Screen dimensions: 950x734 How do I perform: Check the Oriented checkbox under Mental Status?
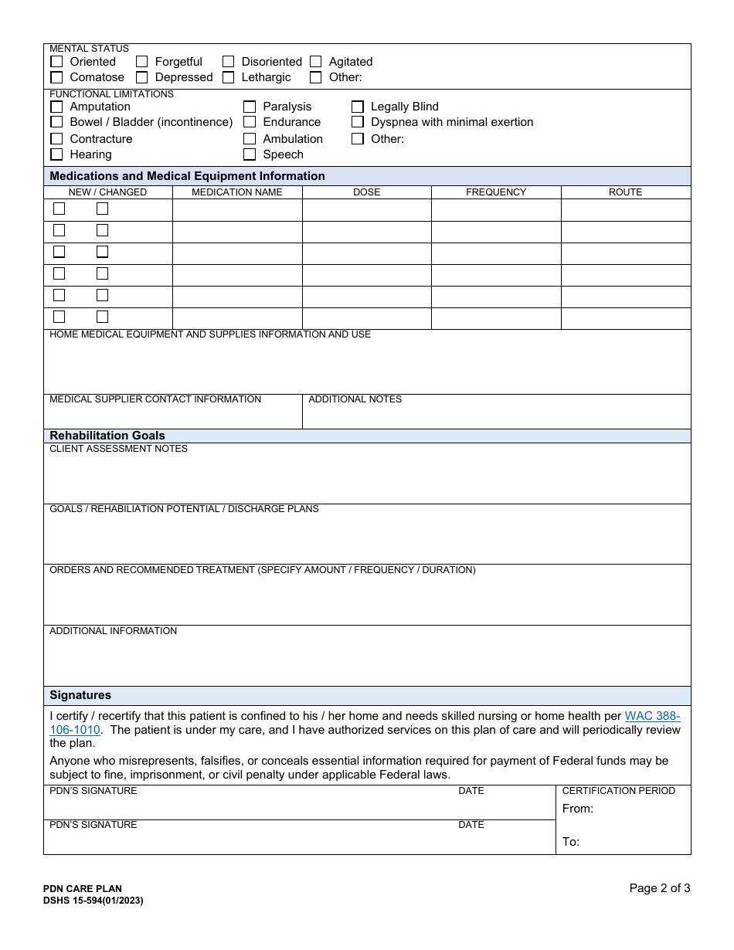pos(56,62)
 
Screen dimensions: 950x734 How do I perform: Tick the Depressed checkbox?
pos(142,77)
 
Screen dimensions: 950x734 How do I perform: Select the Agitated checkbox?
pos(316,62)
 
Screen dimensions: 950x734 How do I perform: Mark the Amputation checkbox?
pos(56,107)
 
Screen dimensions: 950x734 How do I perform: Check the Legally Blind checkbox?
pos(358,107)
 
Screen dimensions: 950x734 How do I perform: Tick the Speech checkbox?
pos(250,154)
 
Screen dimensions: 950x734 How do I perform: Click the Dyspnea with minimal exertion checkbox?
pos(358,122)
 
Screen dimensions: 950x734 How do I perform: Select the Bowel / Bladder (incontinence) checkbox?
pos(56,122)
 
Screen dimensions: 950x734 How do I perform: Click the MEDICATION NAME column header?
pos(237,192)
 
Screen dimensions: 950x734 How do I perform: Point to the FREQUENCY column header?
pos(496,192)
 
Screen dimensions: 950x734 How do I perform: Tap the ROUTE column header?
pos(625,192)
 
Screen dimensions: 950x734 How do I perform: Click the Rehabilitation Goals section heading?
pos(107,436)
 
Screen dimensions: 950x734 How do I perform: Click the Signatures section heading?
pos(80,695)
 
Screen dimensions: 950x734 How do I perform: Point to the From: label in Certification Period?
pos(578,809)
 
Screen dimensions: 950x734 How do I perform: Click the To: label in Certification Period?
pos(571,842)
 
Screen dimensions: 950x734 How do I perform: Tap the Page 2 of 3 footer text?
pos(659,888)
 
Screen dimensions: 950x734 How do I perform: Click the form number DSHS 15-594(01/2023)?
pos(93,901)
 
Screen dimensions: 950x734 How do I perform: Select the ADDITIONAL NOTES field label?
pos(355,399)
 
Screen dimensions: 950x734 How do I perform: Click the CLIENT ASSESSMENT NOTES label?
pos(118,449)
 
